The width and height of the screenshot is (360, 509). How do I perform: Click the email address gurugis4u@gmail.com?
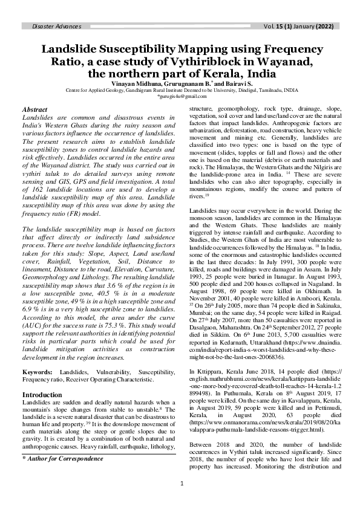(x=179, y=96)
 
